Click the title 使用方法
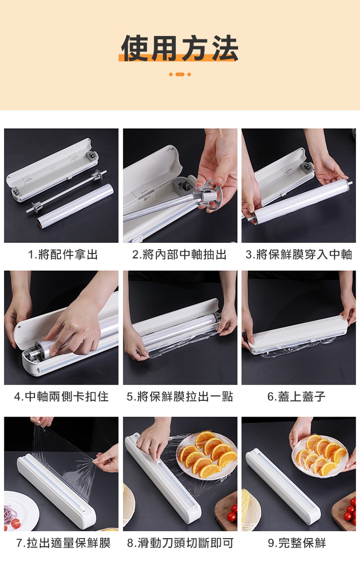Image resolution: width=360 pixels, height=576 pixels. pos(180,48)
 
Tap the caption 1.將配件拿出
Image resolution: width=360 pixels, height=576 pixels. pos(63,254)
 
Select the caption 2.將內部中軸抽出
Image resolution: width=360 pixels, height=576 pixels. pos(179,254)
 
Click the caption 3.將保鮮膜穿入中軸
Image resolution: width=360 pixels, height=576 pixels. pos(299,254)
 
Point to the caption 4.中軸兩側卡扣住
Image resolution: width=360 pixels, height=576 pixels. pos(61,396)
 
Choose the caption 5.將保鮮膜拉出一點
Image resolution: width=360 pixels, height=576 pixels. pos(180,396)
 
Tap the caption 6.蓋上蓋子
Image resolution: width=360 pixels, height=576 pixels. pos(297,396)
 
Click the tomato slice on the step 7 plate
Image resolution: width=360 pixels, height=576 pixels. pos(16,523)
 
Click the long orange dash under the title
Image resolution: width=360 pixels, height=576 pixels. pos(180,74)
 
